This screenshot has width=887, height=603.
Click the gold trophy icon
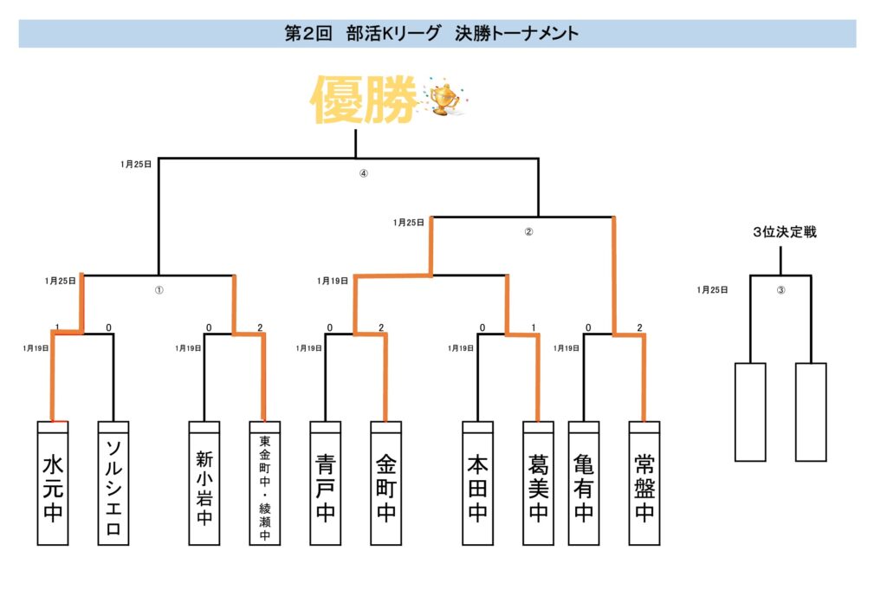(444, 99)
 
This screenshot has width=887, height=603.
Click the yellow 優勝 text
(364, 100)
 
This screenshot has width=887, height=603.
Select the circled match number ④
(364, 173)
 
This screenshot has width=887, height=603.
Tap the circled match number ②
(528, 232)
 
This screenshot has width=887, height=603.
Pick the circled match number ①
(159, 290)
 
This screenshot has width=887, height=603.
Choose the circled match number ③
(780, 290)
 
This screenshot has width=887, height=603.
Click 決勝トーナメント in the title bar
(516, 34)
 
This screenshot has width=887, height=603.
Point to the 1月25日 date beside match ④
(137, 163)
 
